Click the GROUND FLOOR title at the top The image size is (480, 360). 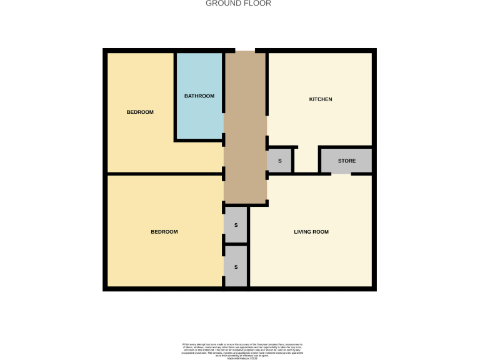(239, 3)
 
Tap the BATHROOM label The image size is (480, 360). (199, 96)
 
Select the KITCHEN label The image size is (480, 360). (321, 99)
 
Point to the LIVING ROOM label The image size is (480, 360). (311, 232)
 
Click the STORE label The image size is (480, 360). (347, 161)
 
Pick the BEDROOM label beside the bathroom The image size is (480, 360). (140, 112)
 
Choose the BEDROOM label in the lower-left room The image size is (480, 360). (164, 232)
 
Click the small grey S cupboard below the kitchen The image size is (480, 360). (280, 161)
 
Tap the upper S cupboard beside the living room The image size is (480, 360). (236, 224)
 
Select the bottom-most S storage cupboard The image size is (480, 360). (236, 267)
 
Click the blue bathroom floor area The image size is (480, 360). (199, 119)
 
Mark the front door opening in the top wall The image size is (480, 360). (245, 51)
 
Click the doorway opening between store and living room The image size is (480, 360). (341, 174)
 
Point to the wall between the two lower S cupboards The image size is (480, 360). (236, 244)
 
